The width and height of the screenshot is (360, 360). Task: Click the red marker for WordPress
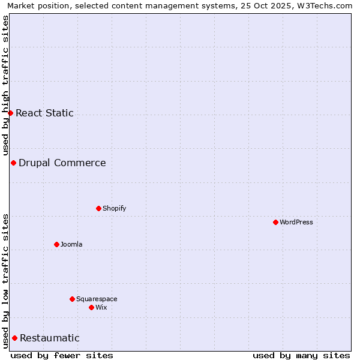[x=275, y=222]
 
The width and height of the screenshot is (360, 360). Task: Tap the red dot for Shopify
[x=98, y=208]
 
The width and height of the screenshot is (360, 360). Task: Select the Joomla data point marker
[x=56, y=244]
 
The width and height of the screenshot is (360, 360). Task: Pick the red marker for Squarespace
[x=72, y=299]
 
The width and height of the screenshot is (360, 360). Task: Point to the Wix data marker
[x=91, y=307]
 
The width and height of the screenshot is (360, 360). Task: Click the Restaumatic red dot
[x=14, y=338]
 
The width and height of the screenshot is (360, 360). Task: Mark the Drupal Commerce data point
[x=13, y=163]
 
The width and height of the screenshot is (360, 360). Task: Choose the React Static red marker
[x=10, y=113]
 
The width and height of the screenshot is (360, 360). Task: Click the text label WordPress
[x=296, y=222]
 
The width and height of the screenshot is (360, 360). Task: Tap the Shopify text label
[x=115, y=208]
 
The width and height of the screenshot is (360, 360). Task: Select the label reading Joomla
[x=71, y=244]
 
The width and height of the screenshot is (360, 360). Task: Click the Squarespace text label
[x=97, y=299]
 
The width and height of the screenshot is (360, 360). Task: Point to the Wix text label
[x=101, y=307]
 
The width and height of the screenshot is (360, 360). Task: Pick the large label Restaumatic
[x=50, y=338]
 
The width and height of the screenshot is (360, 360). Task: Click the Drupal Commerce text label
[x=62, y=163]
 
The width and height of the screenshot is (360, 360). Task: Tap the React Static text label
[x=45, y=113]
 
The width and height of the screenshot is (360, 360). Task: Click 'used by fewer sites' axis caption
[x=62, y=355]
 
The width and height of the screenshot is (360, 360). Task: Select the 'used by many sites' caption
[x=301, y=355]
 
